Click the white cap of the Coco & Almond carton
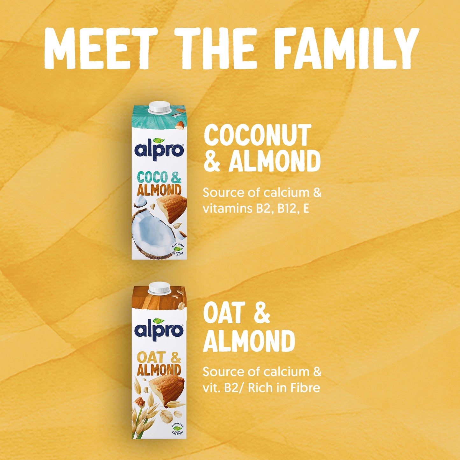[159, 107]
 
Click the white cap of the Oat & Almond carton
[159, 288]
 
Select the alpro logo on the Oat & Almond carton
[159, 329]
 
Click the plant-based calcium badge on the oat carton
[177, 428]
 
